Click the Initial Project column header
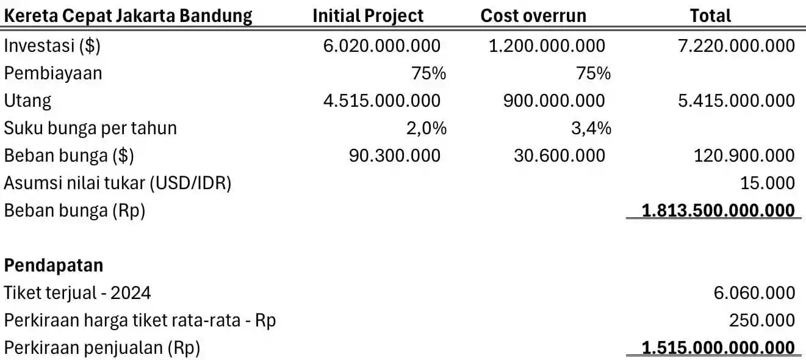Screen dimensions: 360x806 pos(368,15)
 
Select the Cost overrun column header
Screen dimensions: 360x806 pos(533,15)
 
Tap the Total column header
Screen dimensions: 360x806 pos(710,15)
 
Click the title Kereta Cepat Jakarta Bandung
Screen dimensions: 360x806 pos(128,15)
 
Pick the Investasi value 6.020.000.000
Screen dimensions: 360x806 pos(382,46)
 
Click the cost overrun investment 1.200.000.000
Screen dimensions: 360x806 pos(547,46)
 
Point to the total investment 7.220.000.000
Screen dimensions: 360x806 pos(736,46)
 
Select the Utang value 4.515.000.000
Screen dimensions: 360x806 pos(382,101)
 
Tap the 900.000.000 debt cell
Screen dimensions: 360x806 pos(554,101)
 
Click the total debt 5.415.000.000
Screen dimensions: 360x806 pos(736,101)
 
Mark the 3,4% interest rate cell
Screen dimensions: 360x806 pos(594,128)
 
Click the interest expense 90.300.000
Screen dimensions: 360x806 pos(394,156)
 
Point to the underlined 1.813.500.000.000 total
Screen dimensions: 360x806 pos(718,211)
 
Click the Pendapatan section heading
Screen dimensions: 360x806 pos(54,265)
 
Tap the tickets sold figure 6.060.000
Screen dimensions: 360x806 pos(754,293)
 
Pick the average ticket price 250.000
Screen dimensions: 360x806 pos(762,320)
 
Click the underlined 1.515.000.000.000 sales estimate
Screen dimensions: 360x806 pos(718,348)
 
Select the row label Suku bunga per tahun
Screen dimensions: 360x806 pos(90,128)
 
